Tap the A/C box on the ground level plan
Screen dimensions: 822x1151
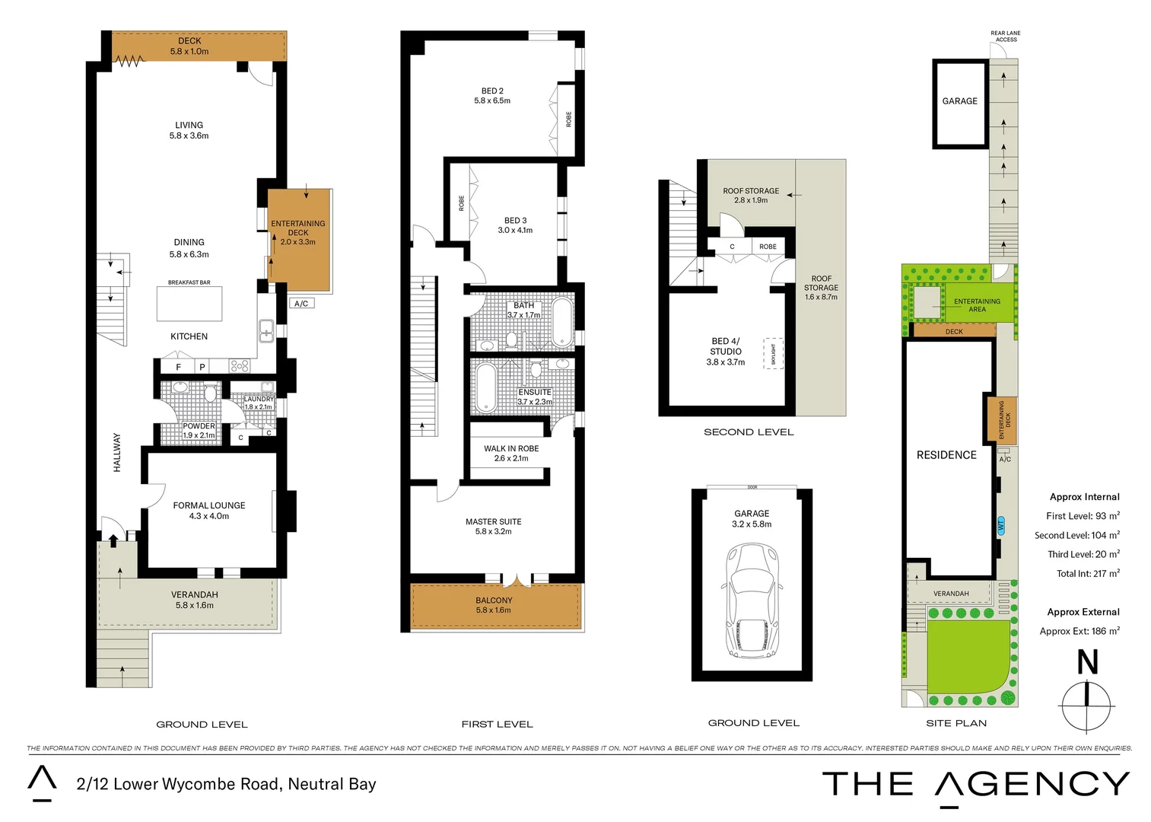pyautogui.click(x=301, y=303)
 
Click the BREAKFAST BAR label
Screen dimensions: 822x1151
pyautogui.click(x=189, y=282)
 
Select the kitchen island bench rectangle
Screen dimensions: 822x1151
pyautogui.click(x=189, y=304)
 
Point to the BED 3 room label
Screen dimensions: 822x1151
pyautogui.click(x=515, y=221)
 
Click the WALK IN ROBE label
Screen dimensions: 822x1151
pyautogui.click(x=511, y=448)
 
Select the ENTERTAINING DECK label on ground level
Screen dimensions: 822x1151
pyautogui.click(x=297, y=228)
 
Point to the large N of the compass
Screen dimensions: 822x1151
pyautogui.click(x=1087, y=662)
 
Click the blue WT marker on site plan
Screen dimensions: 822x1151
pyautogui.click(x=1001, y=525)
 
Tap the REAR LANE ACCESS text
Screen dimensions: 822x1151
pyautogui.click(x=1005, y=36)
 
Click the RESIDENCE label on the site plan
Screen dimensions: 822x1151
pyautogui.click(x=946, y=455)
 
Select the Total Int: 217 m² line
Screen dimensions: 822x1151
pyautogui.click(x=1087, y=574)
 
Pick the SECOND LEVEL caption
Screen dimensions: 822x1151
pyautogui.click(x=749, y=432)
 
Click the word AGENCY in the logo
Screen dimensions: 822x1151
pyautogui.click(x=1032, y=784)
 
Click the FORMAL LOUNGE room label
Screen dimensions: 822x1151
pyautogui.click(x=209, y=505)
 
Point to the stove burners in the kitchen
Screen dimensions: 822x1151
pyautogui.click(x=240, y=366)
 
